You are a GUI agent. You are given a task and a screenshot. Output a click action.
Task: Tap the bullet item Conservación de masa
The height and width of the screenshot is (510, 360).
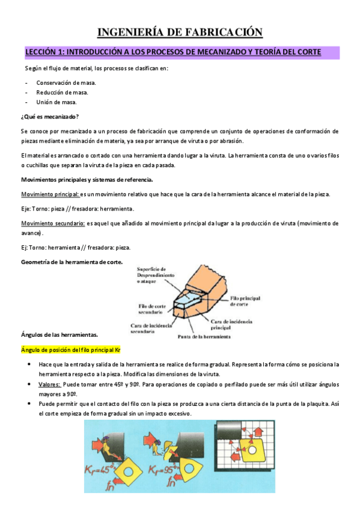coord(66,82)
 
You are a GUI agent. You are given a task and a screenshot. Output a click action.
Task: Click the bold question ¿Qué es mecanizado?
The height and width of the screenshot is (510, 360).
coord(50,116)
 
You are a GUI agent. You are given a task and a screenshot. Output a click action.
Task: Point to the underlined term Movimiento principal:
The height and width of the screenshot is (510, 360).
coord(50,194)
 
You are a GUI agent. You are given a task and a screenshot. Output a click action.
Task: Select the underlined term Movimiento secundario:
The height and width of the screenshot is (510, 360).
coord(53,223)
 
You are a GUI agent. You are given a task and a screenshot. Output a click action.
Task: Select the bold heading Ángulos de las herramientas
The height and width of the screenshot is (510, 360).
coord(59,334)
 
